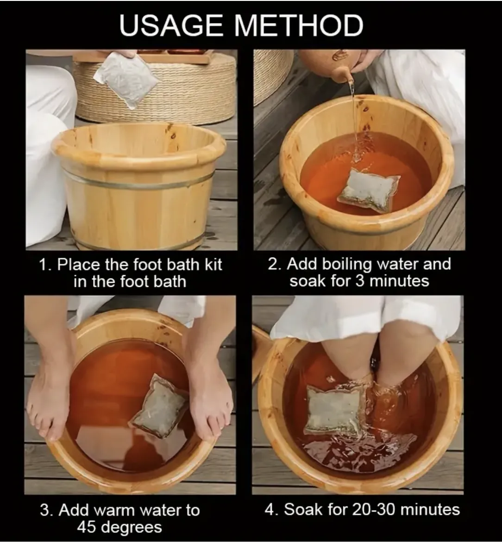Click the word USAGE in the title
coord(171,25)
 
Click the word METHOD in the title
coord(299,25)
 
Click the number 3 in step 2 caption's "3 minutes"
coord(359,281)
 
